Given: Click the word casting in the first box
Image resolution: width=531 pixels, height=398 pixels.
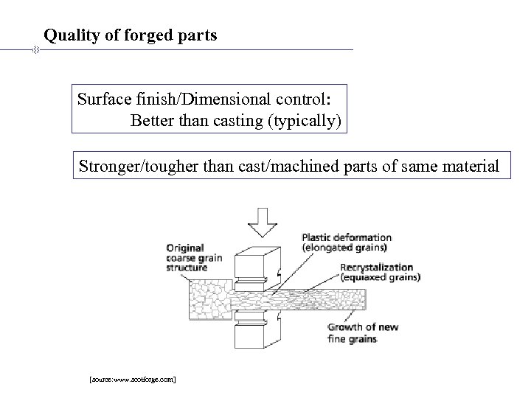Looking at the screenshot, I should (x=244, y=119).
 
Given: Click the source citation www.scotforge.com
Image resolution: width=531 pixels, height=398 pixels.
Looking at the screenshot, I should (x=132, y=379).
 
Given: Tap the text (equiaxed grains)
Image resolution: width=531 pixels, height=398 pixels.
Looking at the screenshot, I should (x=381, y=278).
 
